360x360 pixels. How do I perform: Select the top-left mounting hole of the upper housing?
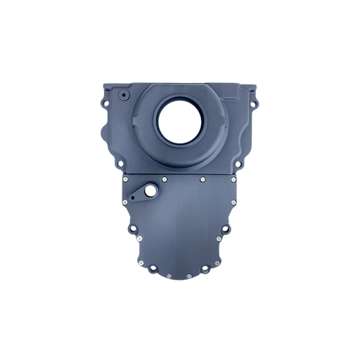[x=105, y=103]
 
